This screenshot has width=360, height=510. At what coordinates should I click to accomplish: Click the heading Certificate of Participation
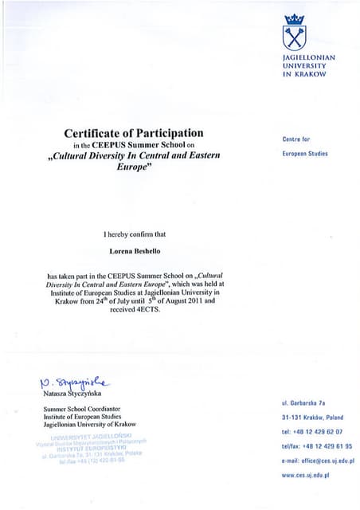(x=134, y=132)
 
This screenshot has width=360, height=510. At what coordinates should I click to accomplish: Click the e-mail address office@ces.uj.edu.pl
(x=318, y=461)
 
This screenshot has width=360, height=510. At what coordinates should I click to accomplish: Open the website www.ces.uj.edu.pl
(x=305, y=475)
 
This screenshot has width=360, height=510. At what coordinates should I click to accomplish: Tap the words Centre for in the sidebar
(x=296, y=139)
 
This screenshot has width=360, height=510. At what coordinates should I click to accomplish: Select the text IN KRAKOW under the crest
(x=304, y=74)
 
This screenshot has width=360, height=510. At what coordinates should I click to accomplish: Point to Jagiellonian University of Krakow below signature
(x=90, y=425)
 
